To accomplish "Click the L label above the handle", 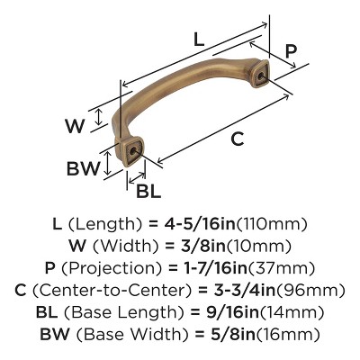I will click(198, 40).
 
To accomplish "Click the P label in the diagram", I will click(291, 50).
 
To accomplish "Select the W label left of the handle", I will click(76, 126).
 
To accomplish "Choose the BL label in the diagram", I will click(149, 191).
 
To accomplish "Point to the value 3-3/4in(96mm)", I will click(265, 290).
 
